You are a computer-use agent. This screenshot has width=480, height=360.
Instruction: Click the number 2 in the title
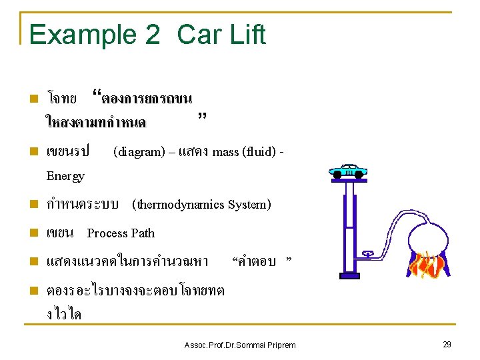click(152, 35)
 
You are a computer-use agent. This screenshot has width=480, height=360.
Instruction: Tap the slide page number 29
click(446, 344)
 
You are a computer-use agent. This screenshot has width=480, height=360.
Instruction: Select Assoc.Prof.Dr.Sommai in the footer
click(223, 345)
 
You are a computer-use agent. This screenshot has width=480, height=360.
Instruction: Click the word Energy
click(65, 176)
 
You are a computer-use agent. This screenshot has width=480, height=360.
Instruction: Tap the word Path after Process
click(143, 233)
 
